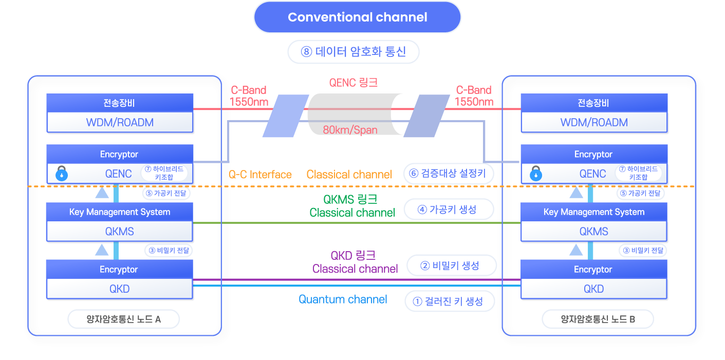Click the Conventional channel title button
point(358,17)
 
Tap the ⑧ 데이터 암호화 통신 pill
point(354,52)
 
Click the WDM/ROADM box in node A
point(120,123)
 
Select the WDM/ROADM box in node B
point(594,123)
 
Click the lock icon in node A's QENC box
point(62,174)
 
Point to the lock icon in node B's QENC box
point(536,174)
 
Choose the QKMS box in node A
point(120,232)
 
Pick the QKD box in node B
point(594,289)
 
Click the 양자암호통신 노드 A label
point(124,319)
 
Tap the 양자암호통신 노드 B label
point(598,319)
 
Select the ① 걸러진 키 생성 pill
point(450,301)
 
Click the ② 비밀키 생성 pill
point(452,266)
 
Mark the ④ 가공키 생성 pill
point(449,210)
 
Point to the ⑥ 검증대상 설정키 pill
point(448,174)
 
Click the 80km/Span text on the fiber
point(350,130)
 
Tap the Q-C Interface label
point(260,175)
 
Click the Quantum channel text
point(343,299)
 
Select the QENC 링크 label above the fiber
point(353,83)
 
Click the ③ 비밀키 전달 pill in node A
point(169,251)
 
